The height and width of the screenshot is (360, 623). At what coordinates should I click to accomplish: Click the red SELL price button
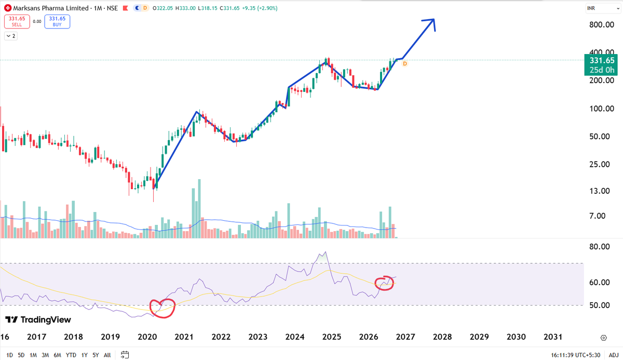point(17,21)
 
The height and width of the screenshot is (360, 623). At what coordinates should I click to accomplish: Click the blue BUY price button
point(57,21)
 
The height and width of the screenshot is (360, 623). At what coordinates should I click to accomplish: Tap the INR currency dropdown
point(603,8)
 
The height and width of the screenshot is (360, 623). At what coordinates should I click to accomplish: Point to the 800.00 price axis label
point(602,25)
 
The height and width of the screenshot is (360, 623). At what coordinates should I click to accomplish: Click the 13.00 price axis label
point(599,191)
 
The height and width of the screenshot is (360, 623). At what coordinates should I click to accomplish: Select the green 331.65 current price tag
point(601,65)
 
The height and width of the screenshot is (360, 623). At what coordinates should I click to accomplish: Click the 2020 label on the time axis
point(147,337)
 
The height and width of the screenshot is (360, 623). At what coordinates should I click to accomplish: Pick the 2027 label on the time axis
point(405,337)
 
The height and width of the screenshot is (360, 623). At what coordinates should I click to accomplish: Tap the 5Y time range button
point(96,355)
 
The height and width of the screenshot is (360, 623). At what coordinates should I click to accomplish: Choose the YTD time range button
point(71,355)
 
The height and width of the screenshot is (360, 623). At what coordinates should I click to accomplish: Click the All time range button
point(107,355)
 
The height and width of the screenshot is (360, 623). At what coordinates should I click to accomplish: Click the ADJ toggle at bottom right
point(614,355)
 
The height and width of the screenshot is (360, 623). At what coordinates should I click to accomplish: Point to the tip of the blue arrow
point(434,19)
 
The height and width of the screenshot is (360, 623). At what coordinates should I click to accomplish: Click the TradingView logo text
point(46,319)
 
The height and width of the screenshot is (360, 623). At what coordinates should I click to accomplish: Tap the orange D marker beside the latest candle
point(404,64)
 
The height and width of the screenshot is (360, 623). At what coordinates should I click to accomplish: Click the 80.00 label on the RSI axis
point(599,246)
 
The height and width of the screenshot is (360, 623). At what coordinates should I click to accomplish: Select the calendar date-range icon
point(125,355)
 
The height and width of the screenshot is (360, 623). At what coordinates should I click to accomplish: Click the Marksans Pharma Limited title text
point(51,8)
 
